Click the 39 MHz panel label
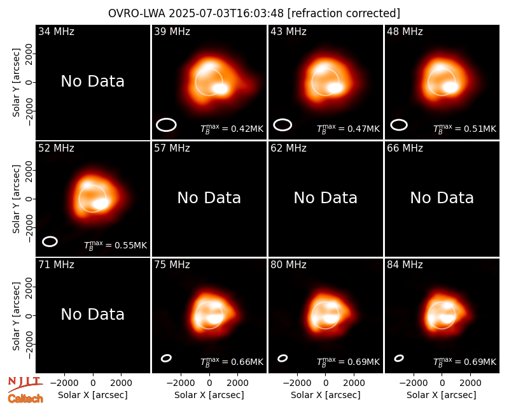click(x=172, y=31)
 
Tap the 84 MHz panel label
click(x=405, y=264)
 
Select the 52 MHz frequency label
click(x=56, y=148)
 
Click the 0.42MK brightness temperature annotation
click(x=232, y=129)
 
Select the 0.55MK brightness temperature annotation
click(x=116, y=245)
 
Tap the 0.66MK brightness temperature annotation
click(x=232, y=362)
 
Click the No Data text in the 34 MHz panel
click(x=92, y=82)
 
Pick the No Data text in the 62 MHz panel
click(x=325, y=197)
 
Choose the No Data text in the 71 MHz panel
click(x=92, y=314)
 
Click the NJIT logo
click(x=25, y=383)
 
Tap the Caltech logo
click(x=25, y=399)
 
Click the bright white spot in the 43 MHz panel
click(x=335, y=88)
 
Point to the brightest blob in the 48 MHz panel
click(x=451, y=87)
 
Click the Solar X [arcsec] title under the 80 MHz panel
click(x=325, y=395)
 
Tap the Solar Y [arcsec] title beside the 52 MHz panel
click(x=16, y=199)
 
